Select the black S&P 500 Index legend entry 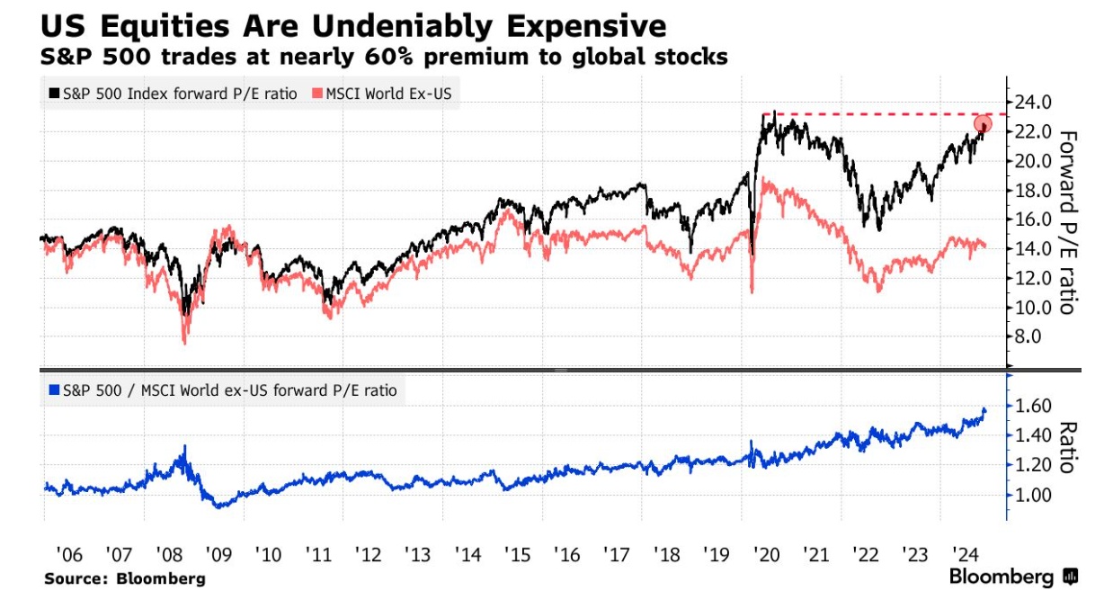click(171, 93)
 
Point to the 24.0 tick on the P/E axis click(1032, 103)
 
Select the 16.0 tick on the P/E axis click(1032, 219)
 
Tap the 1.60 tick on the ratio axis click(1032, 407)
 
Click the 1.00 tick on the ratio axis click(1032, 495)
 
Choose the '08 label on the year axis click(169, 553)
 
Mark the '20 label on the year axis click(768, 553)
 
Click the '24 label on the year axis click(966, 553)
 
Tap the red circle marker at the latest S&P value click(984, 124)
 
